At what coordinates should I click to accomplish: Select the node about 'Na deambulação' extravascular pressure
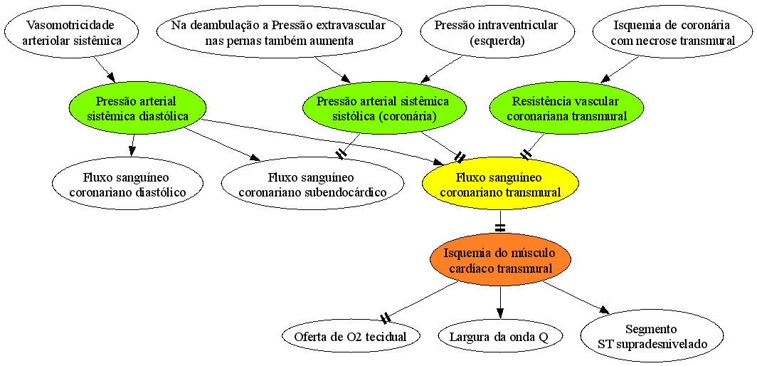280,31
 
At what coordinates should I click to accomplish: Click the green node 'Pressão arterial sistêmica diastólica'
137,108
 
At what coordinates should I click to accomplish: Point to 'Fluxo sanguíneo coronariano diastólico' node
128,184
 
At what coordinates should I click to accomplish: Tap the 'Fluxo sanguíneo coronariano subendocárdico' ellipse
312,184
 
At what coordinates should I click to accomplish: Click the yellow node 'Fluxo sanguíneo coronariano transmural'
500,184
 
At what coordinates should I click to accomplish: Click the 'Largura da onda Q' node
500,337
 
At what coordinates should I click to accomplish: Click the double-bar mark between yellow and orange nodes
500,226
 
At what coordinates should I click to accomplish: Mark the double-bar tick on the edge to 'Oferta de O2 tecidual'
386,318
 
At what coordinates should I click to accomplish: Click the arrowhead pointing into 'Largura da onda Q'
500,313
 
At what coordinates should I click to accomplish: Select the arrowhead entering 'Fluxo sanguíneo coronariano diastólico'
132,151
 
